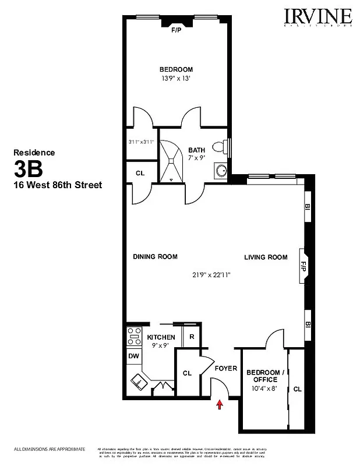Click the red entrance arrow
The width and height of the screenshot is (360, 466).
220,404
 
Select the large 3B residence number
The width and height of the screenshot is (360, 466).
28,170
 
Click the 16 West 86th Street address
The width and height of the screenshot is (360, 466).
58,185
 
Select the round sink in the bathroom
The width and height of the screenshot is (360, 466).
221,171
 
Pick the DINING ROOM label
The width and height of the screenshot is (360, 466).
155,257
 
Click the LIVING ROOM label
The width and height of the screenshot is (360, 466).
266,257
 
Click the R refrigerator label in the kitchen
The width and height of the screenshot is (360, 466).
191,337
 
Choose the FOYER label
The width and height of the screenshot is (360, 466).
225,369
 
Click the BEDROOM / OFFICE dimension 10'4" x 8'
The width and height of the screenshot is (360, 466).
266,388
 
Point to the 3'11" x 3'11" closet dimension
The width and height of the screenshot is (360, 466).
141,142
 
